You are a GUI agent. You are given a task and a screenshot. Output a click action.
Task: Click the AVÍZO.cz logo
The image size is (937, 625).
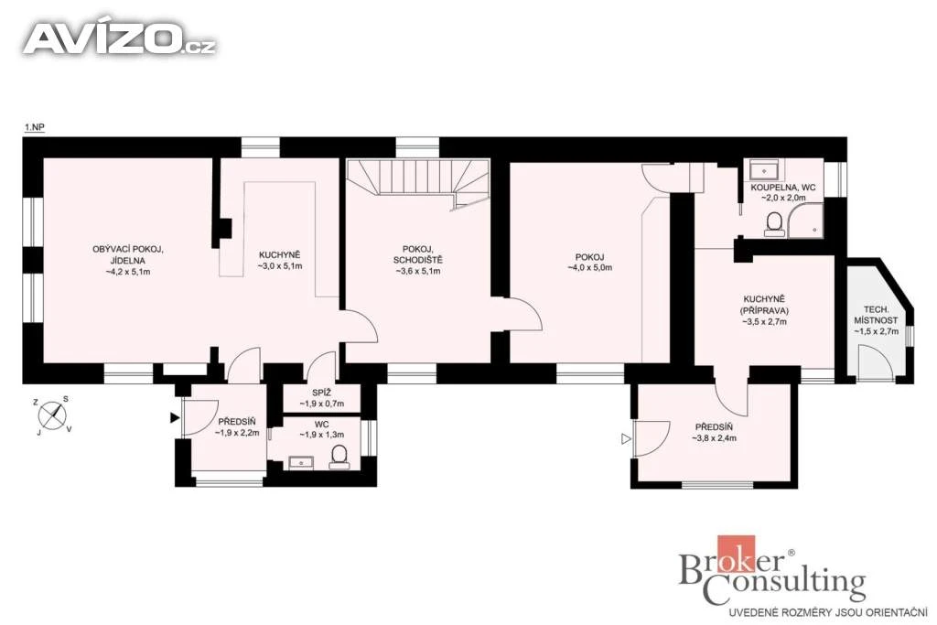tap(120, 38)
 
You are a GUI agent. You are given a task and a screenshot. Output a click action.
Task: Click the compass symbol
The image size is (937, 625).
tap(52, 415)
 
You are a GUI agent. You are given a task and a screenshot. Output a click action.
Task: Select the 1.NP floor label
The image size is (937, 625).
tap(35, 127)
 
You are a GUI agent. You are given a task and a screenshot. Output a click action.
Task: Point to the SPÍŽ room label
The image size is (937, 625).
tap(321, 393)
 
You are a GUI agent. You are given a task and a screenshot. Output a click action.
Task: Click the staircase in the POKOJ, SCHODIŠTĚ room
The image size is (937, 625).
tap(418, 182)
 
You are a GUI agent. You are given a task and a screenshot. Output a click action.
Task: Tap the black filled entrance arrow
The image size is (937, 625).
tap(175, 418)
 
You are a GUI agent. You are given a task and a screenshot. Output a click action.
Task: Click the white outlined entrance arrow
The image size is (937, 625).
tap(626, 439)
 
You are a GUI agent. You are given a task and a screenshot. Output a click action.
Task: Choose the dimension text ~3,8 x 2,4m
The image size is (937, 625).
tap(714, 438)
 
